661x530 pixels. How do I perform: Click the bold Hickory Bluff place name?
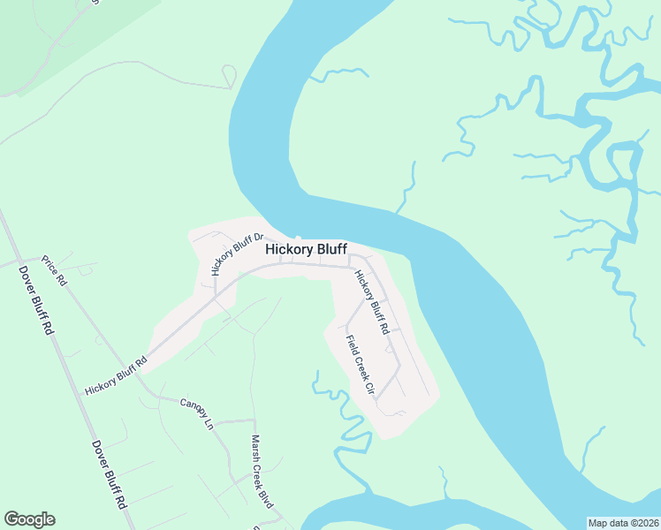(x=306, y=250)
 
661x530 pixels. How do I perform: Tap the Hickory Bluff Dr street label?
(x=238, y=254)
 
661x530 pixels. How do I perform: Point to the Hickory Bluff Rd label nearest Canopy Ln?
(x=116, y=376)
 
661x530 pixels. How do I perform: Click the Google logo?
(x=29, y=519)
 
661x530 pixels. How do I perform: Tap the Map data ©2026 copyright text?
(x=624, y=523)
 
